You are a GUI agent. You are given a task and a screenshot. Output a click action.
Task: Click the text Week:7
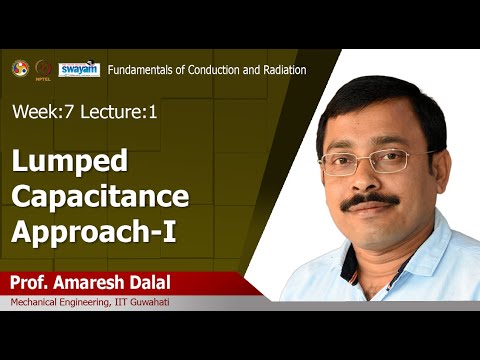[39, 112]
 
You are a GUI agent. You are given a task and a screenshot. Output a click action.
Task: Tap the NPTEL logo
[43, 69]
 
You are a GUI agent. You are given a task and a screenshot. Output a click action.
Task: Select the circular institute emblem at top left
[19, 68]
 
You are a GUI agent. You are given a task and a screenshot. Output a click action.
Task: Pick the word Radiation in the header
[280, 69]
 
